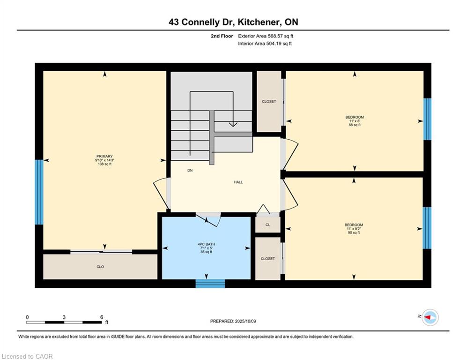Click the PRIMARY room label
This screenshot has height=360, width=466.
[104, 156]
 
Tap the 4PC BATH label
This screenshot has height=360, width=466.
[206, 244]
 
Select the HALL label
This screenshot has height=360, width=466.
[238, 182]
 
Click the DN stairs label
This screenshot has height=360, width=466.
[190, 171]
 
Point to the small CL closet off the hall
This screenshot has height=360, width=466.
[268, 225]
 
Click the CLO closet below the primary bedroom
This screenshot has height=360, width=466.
[100, 267]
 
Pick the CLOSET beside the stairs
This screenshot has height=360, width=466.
[269, 101]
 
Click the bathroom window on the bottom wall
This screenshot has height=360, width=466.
[210, 284]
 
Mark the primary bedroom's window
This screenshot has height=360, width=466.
[39, 192]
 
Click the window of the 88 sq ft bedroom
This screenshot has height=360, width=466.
[427, 119]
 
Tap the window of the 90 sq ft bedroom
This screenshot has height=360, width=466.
[427, 228]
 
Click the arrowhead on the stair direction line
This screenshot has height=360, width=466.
[233, 124]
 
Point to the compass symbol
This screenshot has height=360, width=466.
[430, 317]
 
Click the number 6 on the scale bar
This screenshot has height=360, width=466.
[102, 317]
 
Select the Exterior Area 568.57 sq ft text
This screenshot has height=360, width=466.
[266, 36]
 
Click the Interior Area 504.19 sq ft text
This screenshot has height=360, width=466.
[265, 44]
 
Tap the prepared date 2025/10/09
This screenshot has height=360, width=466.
[245, 321]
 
